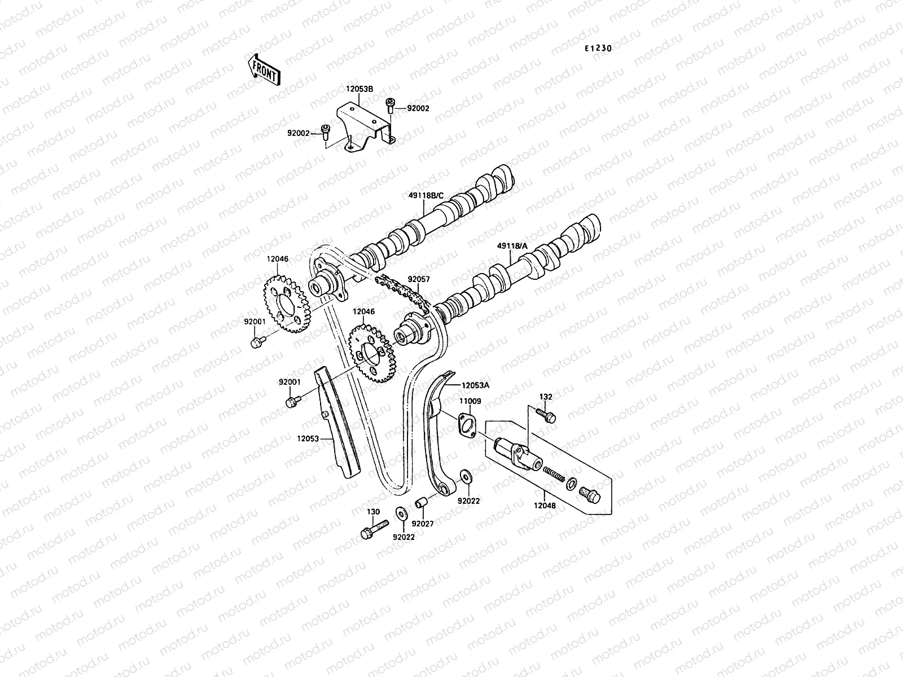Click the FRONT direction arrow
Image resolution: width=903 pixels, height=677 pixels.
(x=264, y=69)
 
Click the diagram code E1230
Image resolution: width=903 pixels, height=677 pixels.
(x=598, y=49)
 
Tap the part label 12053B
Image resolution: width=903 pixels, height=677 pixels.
(x=360, y=89)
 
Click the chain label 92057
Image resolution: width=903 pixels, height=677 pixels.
(x=419, y=279)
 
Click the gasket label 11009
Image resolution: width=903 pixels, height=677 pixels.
(x=470, y=401)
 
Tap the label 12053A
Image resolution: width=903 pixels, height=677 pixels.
(x=475, y=385)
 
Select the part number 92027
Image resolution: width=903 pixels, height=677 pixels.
(x=423, y=524)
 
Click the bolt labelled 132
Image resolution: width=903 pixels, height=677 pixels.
(x=547, y=415)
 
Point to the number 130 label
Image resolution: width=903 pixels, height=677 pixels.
(x=374, y=512)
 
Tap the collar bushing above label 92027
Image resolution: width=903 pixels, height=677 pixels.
(x=422, y=503)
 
